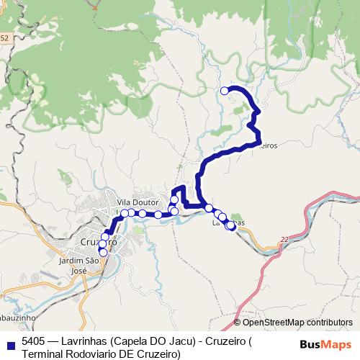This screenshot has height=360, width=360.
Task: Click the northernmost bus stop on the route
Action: tap(225, 91)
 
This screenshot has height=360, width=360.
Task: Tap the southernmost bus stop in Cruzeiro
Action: tap(103, 252)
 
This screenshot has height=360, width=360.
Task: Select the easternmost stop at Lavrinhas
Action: tap(230, 225)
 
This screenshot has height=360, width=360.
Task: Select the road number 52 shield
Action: tap(4, 37)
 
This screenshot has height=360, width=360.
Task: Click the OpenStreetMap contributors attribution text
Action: tap(297, 323)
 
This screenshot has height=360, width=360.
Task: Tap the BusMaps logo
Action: tap(325, 343)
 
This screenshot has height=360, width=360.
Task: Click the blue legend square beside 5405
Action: tap(10, 343)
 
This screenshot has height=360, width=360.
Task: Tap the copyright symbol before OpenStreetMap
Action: tap(238, 323)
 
